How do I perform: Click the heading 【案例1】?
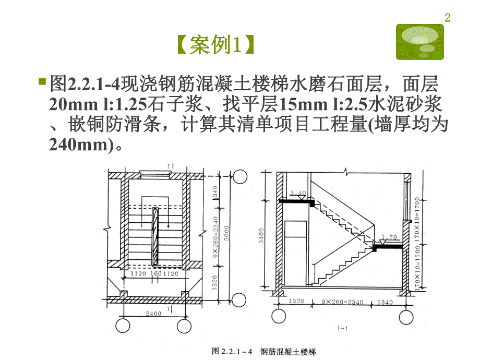click(215, 46)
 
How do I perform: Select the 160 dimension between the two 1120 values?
click(155, 273)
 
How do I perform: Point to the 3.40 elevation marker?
click(297, 193)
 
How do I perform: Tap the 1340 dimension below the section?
click(386, 302)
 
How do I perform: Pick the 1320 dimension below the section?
click(296, 302)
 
